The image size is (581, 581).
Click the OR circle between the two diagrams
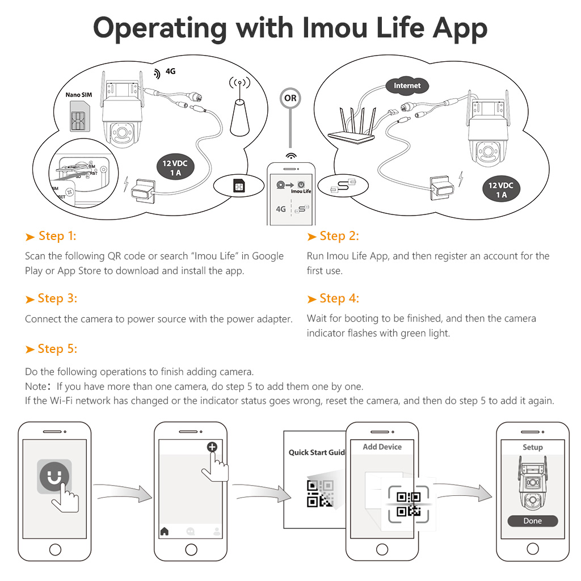point(290,98)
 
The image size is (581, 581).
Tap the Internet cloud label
point(407,86)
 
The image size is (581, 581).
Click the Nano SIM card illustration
point(80,116)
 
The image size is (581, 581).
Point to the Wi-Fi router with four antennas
point(352,125)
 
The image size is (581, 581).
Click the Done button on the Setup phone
point(532,521)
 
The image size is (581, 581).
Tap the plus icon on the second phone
point(212,447)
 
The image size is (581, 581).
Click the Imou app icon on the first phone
point(54,477)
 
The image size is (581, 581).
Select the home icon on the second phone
point(165,531)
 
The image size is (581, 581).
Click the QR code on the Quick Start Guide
point(320,494)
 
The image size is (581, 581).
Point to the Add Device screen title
point(382,447)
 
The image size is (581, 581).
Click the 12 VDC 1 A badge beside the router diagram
point(501,189)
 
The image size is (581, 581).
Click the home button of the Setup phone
point(532,549)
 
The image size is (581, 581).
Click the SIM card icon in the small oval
point(239,186)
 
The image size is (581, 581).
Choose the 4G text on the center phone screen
point(281,209)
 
